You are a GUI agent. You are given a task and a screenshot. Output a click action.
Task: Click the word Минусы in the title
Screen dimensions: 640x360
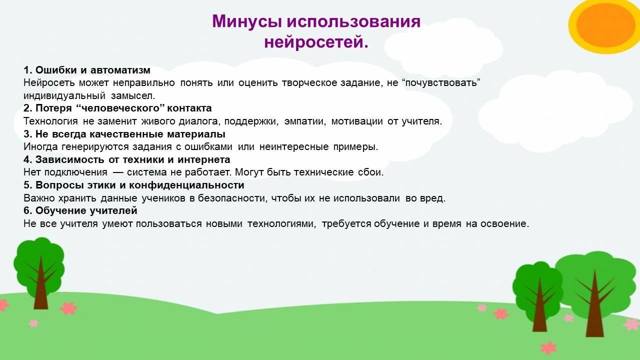247,21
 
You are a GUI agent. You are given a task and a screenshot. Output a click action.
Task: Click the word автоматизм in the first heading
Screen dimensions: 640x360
120,70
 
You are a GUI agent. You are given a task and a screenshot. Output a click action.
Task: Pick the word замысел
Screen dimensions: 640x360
133,95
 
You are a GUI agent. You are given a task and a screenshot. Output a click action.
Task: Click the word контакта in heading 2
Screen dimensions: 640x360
189,108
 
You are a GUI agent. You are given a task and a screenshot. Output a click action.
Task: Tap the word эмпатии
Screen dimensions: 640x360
305,121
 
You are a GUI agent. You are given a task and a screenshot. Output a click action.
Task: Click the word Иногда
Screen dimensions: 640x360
40,147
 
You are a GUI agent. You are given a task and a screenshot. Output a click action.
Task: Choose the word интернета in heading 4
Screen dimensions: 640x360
203,159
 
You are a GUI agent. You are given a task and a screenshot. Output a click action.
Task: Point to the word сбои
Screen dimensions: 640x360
371,172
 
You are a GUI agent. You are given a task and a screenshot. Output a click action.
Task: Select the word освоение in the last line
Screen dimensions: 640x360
504,223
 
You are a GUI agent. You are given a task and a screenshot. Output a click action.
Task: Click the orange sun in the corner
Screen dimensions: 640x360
605,25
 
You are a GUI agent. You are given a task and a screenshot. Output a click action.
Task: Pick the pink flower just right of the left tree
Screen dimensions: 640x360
68,308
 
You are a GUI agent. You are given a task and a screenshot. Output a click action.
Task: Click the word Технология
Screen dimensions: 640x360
50,121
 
